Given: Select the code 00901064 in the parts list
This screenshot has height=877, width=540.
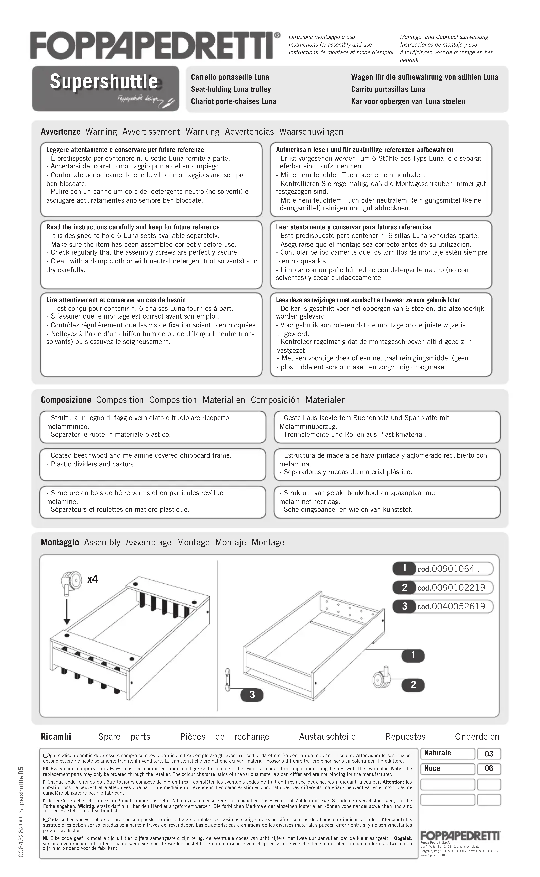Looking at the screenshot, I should point(453,569).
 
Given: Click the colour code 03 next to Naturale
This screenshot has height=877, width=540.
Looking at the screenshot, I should point(489,754).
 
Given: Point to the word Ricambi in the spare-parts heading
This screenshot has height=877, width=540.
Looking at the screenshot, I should point(56,737).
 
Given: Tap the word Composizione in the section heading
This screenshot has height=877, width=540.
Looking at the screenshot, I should point(66,400).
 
